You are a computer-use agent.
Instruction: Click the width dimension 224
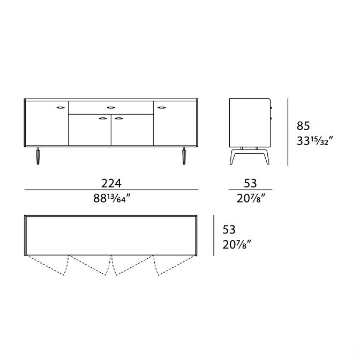tap(111, 183)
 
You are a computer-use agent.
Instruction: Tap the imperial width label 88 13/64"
tap(112, 198)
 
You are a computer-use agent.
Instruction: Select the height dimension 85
tap(303, 126)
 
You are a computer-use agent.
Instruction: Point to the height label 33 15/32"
tap(315, 141)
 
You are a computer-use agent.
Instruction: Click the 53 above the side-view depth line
tap(250, 183)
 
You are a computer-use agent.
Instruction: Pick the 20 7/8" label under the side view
tap(251, 198)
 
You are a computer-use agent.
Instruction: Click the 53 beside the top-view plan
tap(229, 230)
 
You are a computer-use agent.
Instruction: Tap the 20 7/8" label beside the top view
tap(237, 244)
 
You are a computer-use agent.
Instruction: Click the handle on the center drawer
tap(111, 108)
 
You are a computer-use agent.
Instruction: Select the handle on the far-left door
tap(61, 107)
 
